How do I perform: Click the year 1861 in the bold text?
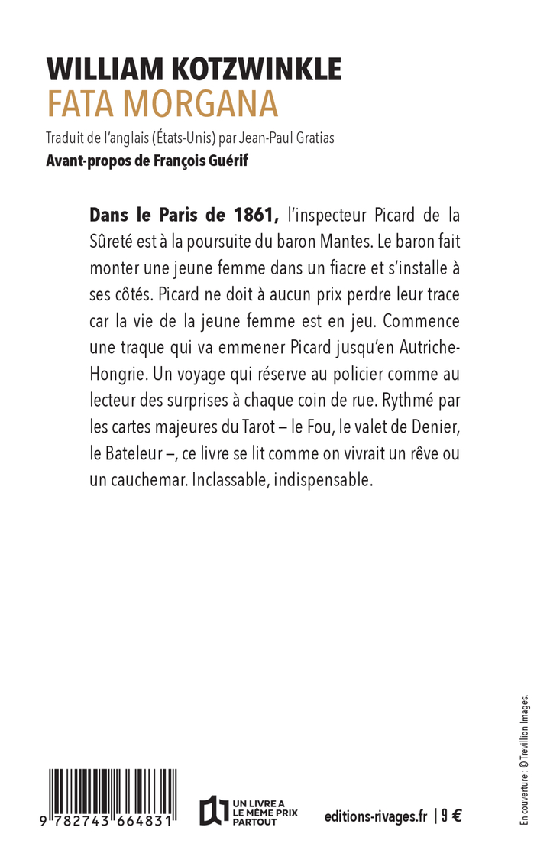click(245, 212)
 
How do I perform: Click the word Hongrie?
click(116, 375)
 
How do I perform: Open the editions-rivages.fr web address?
click(375, 816)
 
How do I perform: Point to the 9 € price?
click(451, 816)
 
